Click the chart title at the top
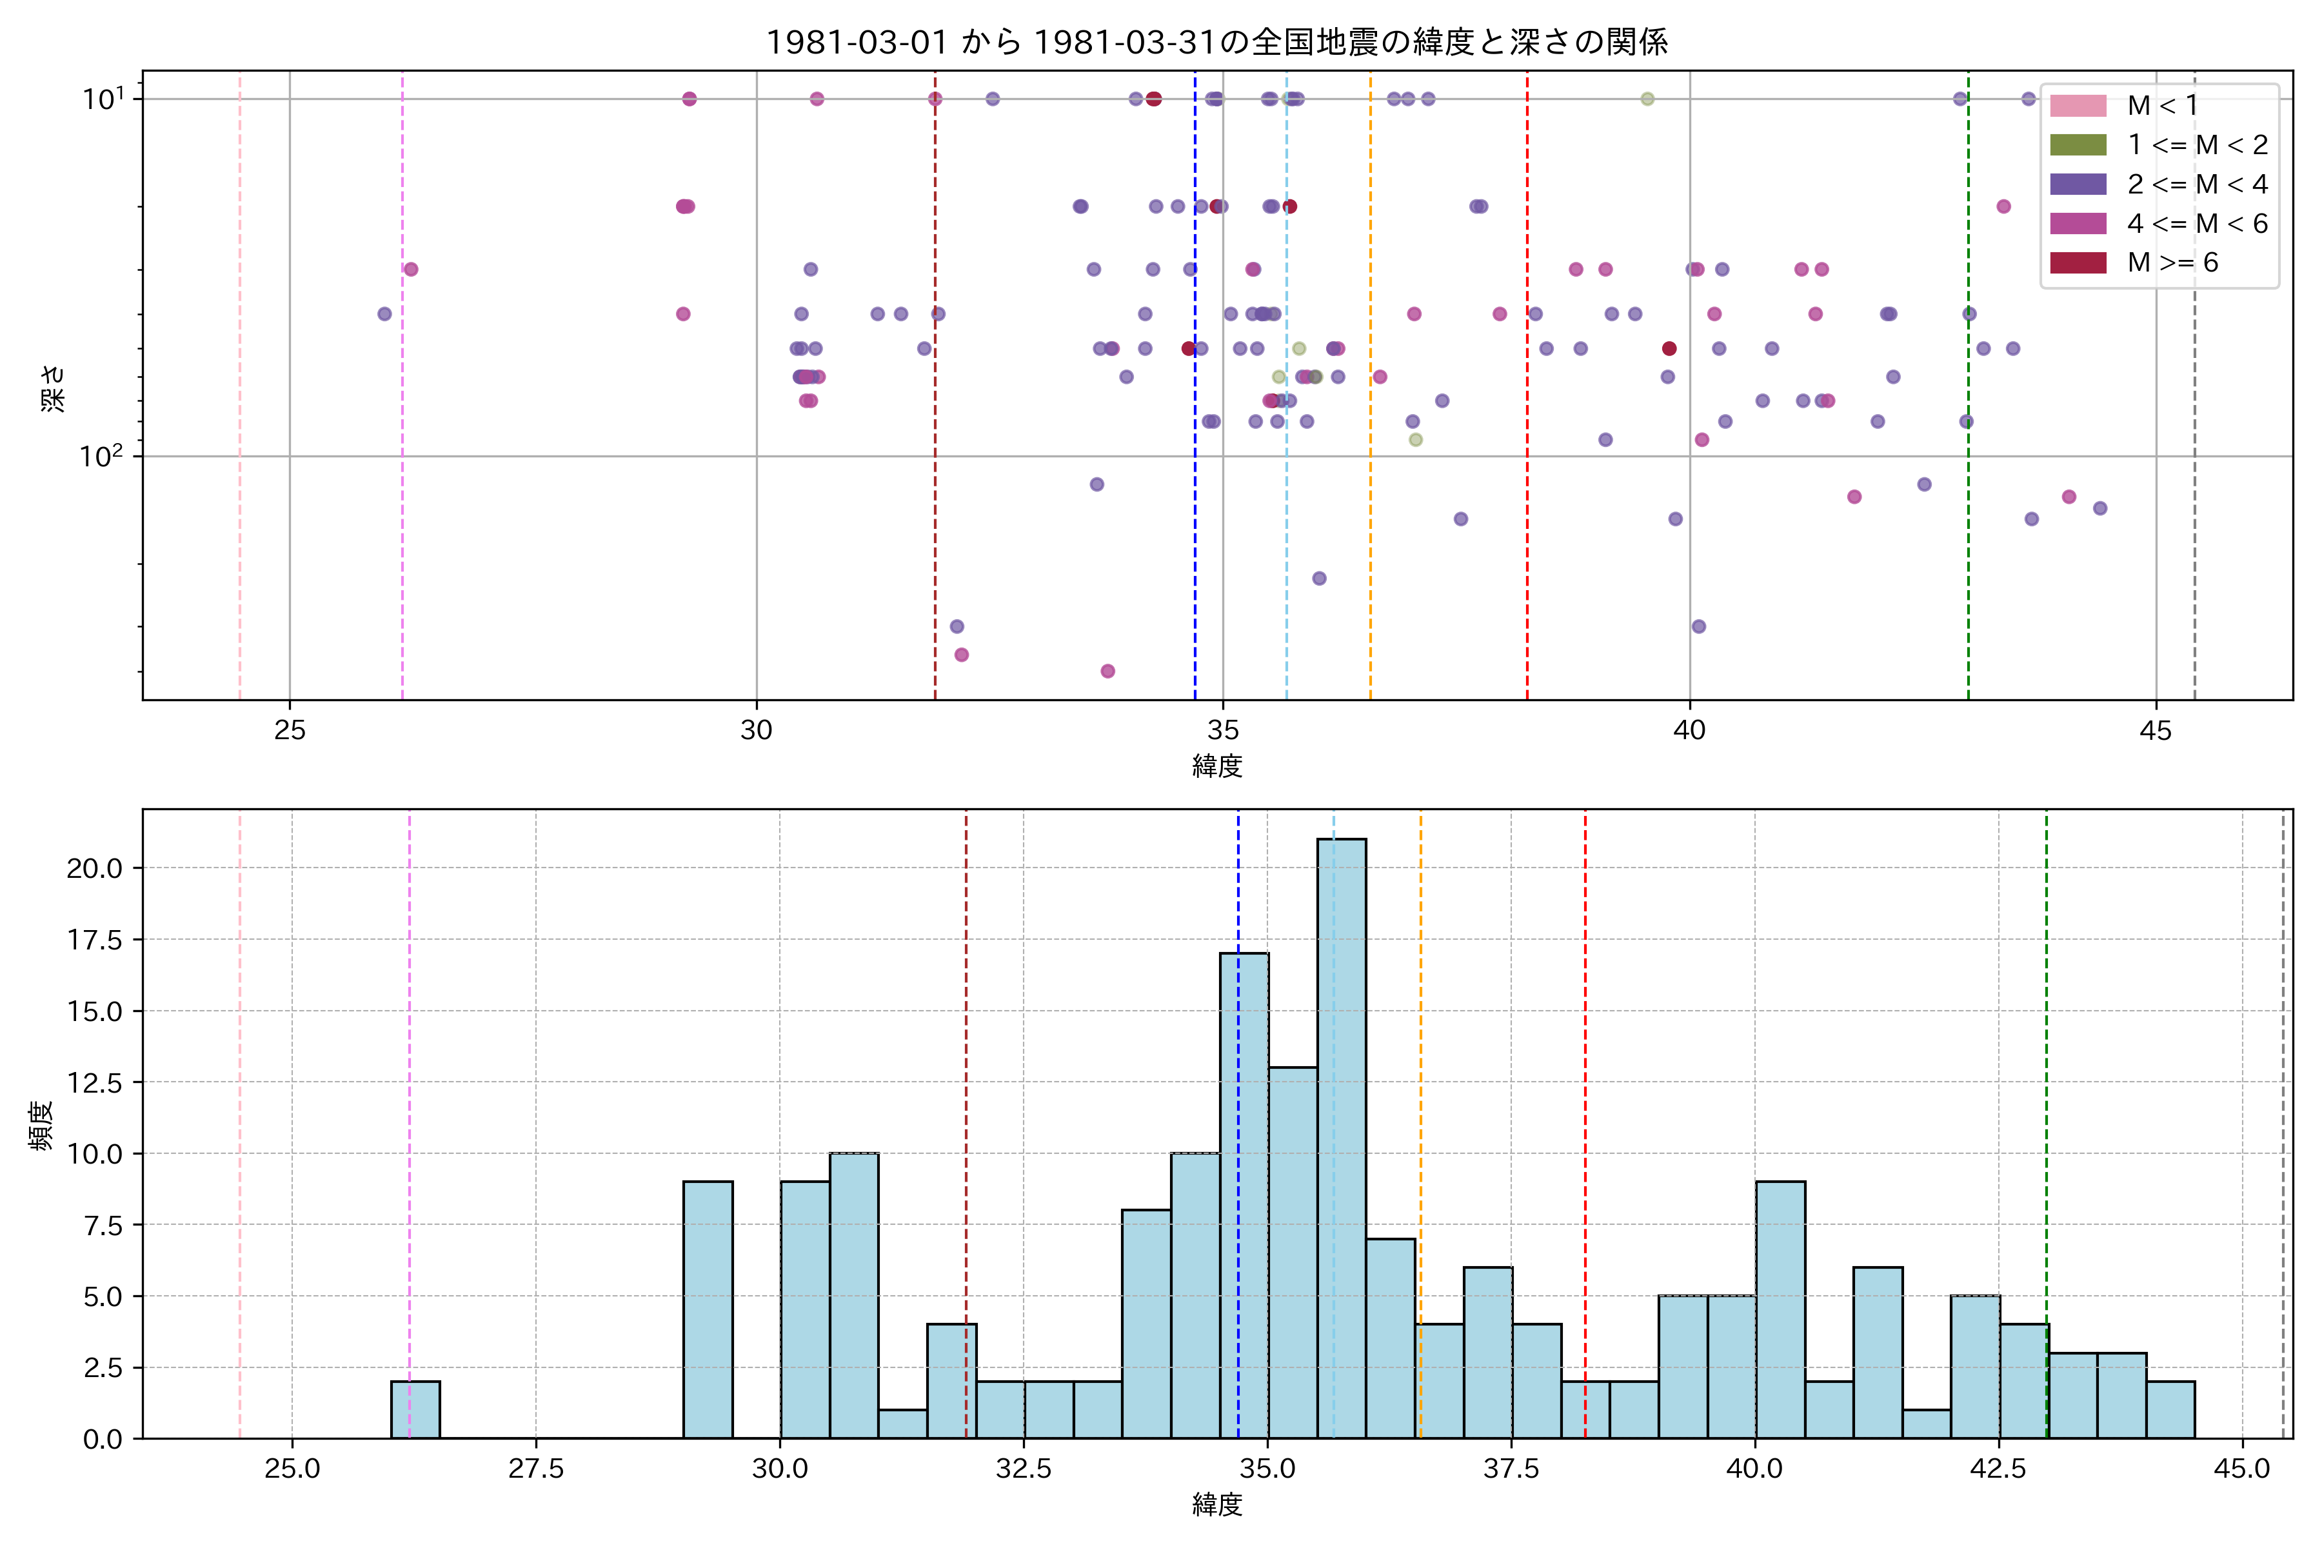pyautogui.click(x=1216, y=41)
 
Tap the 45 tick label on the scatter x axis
pyautogui.click(x=2156, y=731)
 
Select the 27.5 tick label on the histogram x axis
pyautogui.click(x=535, y=1469)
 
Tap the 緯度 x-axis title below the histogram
pyautogui.click(x=1216, y=1505)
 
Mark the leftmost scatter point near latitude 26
pyautogui.click(x=384, y=314)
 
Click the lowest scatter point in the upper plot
pyautogui.click(x=1107, y=671)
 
